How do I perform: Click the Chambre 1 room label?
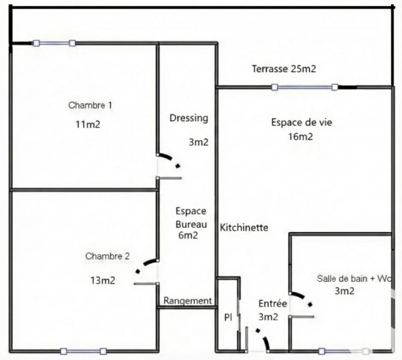pyautogui.click(x=90, y=105)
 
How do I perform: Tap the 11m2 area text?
pyautogui.click(x=87, y=125)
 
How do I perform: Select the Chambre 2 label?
pyautogui.click(x=108, y=256)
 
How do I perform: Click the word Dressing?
pyautogui.click(x=188, y=118)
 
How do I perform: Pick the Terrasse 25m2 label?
pyautogui.click(x=284, y=69)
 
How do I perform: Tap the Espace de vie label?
pyautogui.click(x=301, y=122)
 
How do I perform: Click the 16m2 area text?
pyautogui.click(x=301, y=137)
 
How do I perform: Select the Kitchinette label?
pyautogui.click(x=244, y=228)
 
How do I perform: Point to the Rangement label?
pyautogui.click(x=188, y=301)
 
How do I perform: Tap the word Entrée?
pyautogui.click(x=273, y=304)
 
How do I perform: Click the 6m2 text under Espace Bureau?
pyautogui.click(x=188, y=235)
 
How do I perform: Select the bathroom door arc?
pyautogui.click(x=304, y=298)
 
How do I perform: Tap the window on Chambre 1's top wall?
pyautogui.click(x=54, y=44)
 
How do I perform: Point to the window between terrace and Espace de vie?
pyautogui.click(x=305, y=87)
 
